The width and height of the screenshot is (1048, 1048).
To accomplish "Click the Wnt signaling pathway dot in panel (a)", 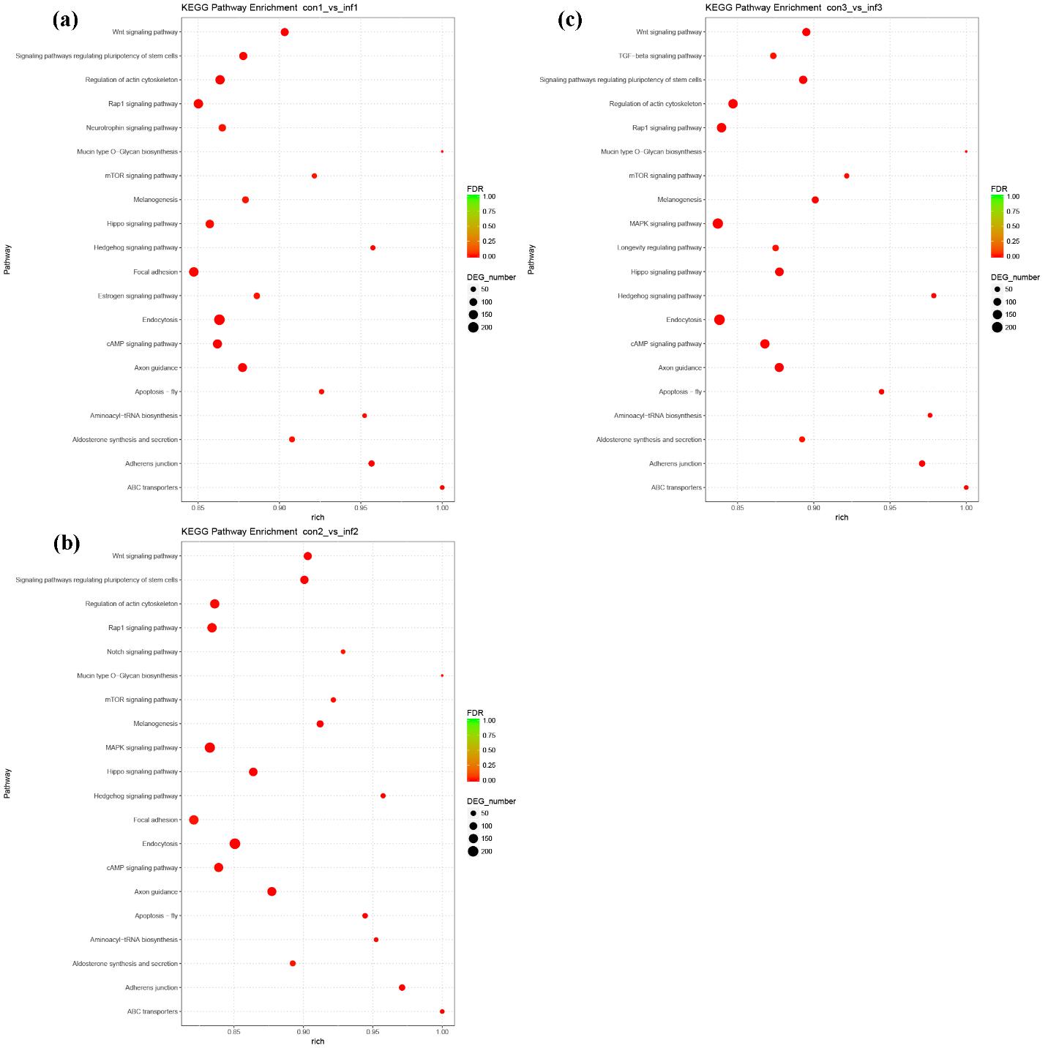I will (285, 32).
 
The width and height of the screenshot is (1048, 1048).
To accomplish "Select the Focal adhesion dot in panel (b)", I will (194, 820).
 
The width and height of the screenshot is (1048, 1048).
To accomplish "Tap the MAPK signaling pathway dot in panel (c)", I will (718, 223).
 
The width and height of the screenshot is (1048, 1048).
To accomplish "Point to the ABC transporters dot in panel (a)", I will (442, 487).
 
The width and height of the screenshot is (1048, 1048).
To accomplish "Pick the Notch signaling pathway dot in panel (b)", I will (343, 651).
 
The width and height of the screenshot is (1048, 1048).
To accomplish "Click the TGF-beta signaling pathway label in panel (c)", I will (660, 56).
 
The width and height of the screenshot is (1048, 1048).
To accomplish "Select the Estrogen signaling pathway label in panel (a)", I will (138, 296).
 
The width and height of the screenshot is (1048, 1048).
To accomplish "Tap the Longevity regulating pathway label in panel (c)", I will (659, 248).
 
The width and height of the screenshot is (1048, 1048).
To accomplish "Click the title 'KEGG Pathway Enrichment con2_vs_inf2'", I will (270, 531).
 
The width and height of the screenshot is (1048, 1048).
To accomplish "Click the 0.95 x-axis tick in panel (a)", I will (361, 507).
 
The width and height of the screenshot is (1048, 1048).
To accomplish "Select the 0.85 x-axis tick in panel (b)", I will (234, 1031).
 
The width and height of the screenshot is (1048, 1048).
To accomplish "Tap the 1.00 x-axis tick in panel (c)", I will (966, 507).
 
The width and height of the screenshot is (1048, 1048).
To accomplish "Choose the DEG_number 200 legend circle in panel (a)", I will (474, 327).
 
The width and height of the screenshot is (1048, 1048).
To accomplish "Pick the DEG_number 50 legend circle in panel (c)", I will (998, 289).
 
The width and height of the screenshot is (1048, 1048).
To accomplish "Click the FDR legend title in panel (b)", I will (475, 713).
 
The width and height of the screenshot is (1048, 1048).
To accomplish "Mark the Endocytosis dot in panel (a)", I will (220, 320).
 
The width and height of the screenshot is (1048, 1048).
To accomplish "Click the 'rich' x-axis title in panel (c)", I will (842, 517).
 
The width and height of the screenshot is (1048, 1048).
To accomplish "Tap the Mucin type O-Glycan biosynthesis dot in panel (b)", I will (442, 675).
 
